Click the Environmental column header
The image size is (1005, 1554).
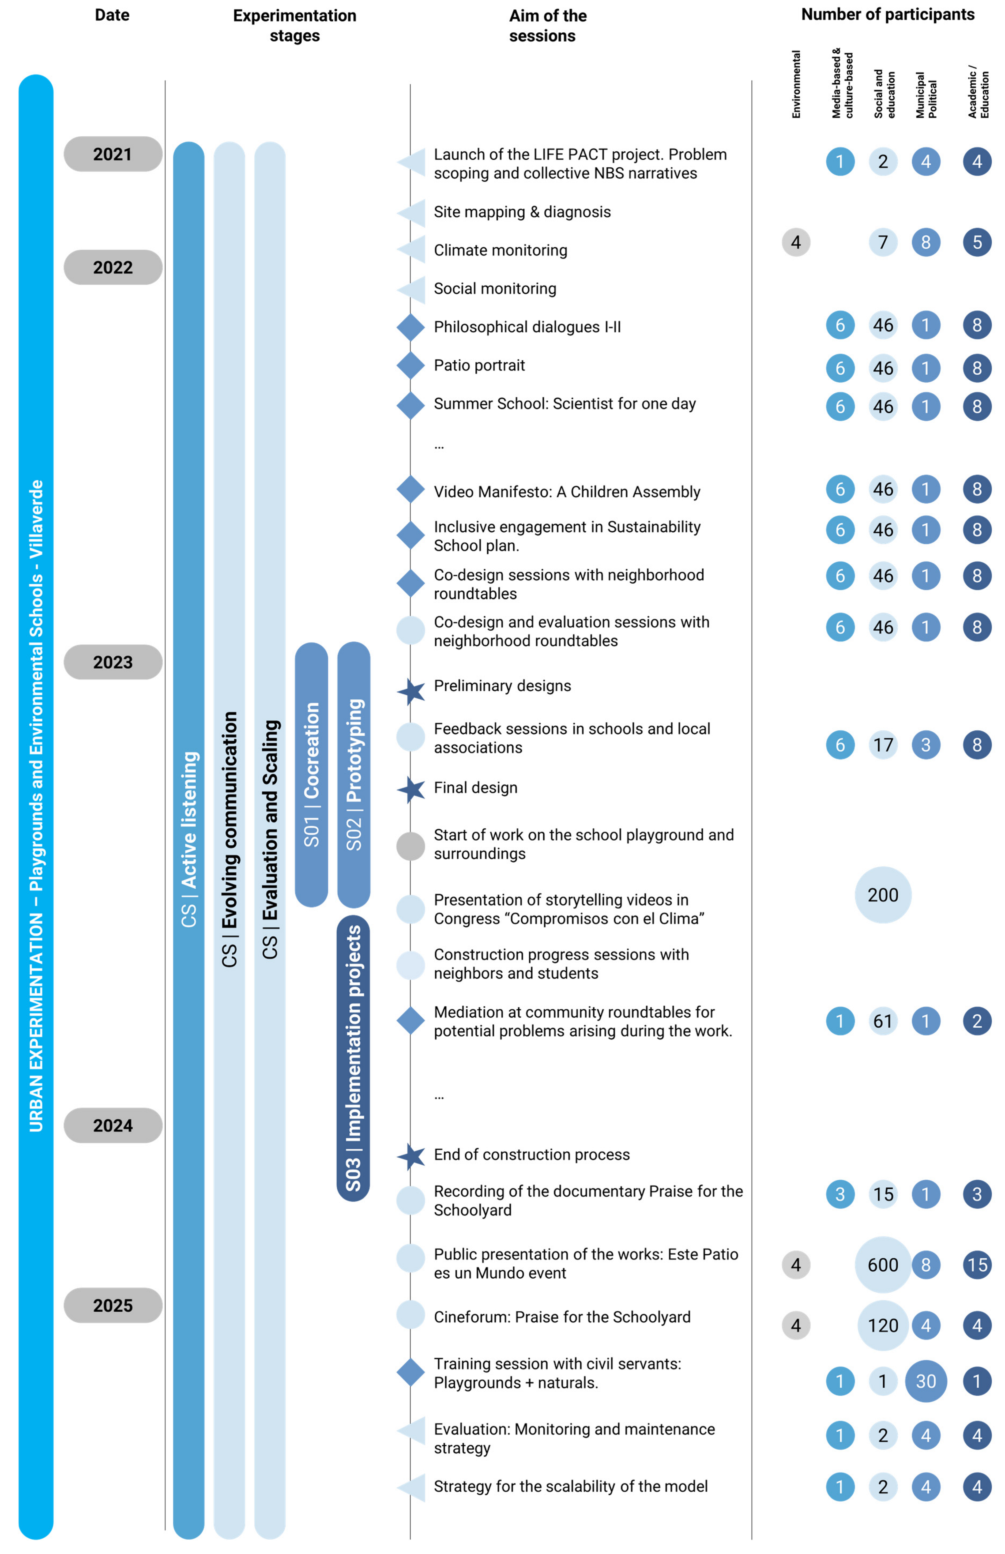(796, 85)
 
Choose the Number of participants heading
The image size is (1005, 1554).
(887, 14)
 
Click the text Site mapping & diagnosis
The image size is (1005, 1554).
(522, 212)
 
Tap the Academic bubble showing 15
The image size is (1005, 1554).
(977, 1265)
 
